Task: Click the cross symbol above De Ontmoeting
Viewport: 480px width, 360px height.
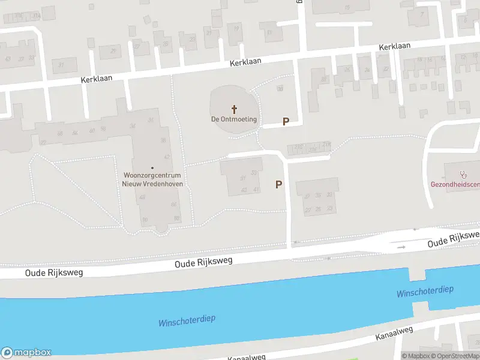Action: [234, 109]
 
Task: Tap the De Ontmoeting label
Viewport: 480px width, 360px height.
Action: [234, 119]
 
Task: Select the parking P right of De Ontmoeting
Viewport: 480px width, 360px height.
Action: [286, 121]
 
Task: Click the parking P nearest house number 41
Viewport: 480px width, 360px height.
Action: [278, 184]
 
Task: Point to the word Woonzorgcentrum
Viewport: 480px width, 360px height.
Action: [152, 175]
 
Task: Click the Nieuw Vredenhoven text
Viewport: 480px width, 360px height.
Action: [152, 184]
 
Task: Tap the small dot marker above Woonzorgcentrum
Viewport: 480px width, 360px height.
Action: [152, 167]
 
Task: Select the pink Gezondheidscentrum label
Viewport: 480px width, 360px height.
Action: [455, 184]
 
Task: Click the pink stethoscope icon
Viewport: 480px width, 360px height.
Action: [463, 175]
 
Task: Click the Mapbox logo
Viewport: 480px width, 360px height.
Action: [26, 353]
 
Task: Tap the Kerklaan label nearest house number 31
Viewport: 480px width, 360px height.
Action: [97, 79]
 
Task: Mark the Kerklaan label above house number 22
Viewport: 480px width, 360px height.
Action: [394, 46]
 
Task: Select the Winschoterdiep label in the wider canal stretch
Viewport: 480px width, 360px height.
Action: [187, 321]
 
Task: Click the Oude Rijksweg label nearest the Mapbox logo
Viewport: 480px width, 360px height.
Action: [53, 272]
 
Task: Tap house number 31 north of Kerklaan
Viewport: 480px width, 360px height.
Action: [61, 65]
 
